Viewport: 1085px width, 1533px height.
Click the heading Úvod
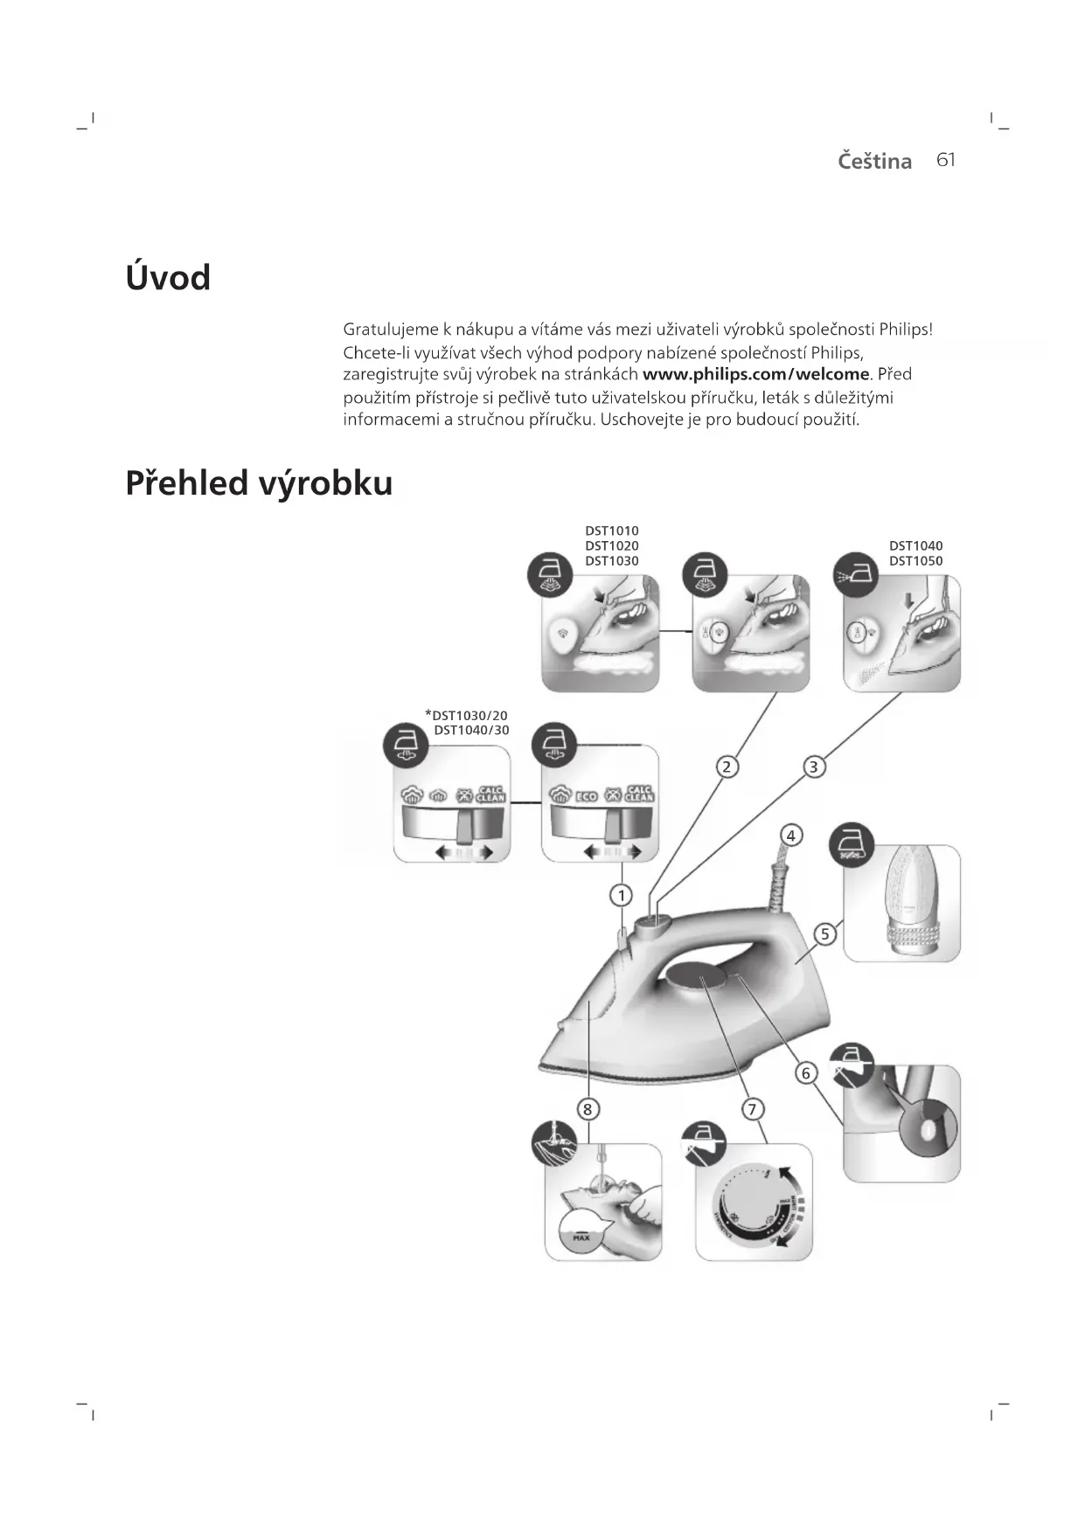(x=168, y=278)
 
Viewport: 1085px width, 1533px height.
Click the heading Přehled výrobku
(x=259, y=483)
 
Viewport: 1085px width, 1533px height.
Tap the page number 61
(x=946, y=160)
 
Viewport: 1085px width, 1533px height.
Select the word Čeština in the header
(x=874, y=161)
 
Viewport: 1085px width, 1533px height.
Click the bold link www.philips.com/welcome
(x=756, y=375)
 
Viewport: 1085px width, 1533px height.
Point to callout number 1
(x=622, y=895)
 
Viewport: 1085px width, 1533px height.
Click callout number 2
(x=727, y=766)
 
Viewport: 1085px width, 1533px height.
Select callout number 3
(x=814, y=766)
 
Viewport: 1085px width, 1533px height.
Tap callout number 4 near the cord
(x=790, y=835)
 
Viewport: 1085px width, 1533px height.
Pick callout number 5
(x=824, y=934)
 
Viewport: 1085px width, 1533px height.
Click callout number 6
(x=805, y=1072)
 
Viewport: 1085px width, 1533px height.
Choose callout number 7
(x=752, y=1109)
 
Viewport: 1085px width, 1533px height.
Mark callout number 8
(x=588, y=1109)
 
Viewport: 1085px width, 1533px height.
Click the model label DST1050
(x=915, y=561)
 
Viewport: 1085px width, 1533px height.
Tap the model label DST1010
(x=611, y=531)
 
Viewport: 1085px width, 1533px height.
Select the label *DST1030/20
(x=466, y=715)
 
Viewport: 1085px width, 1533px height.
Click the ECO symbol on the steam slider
(x=586, y=796)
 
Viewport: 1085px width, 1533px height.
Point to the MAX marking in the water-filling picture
(x=581, y=1238)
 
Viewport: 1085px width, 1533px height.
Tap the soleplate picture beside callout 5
(x=901, y=903)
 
